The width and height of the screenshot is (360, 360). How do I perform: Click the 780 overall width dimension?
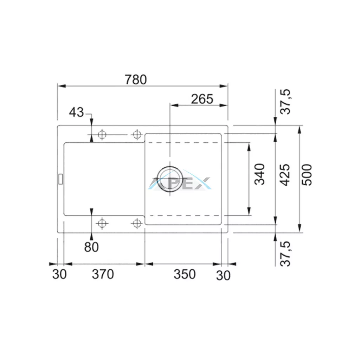[136, 80]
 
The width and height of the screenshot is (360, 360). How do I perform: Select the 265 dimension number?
[202, 99]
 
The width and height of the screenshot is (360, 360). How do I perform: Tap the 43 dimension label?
[76, 112]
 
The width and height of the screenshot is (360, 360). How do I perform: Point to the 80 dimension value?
[91, 247]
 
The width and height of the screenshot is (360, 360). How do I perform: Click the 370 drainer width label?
[103, 274]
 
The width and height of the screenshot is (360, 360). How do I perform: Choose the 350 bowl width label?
[185, 274]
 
